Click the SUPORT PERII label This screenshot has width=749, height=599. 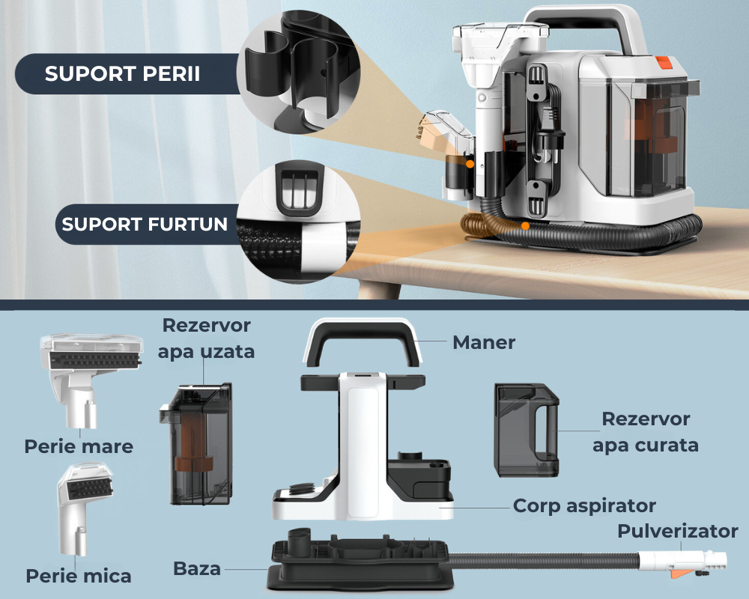click(x=122, y=75)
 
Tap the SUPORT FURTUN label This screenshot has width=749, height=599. click(x=145, y=224)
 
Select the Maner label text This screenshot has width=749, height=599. click(x=484, y=343)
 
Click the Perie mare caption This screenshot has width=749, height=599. click(x=79, y=447)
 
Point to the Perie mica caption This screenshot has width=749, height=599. click(x=79, y=576)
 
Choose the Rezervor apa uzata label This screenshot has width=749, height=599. click(x=206, y=338)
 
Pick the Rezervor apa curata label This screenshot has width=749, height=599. click(x=645, y=432)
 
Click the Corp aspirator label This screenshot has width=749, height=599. click(x=584, y=506)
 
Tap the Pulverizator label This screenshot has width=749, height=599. click(x=677, y=532)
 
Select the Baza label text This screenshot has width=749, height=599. click(x=197, y=568)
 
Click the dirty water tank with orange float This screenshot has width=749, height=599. click(x=195, y=442)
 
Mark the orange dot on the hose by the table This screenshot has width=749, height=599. click(x=526, y=225)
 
